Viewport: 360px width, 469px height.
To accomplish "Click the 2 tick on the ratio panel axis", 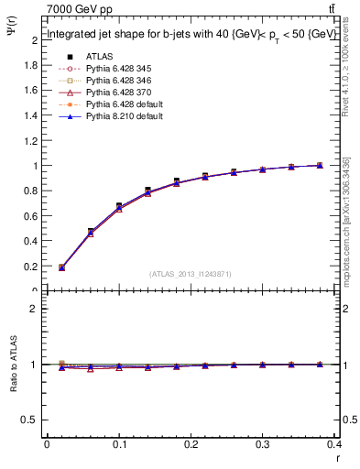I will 34,310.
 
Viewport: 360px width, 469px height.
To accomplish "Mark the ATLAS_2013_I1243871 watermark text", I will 190,274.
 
